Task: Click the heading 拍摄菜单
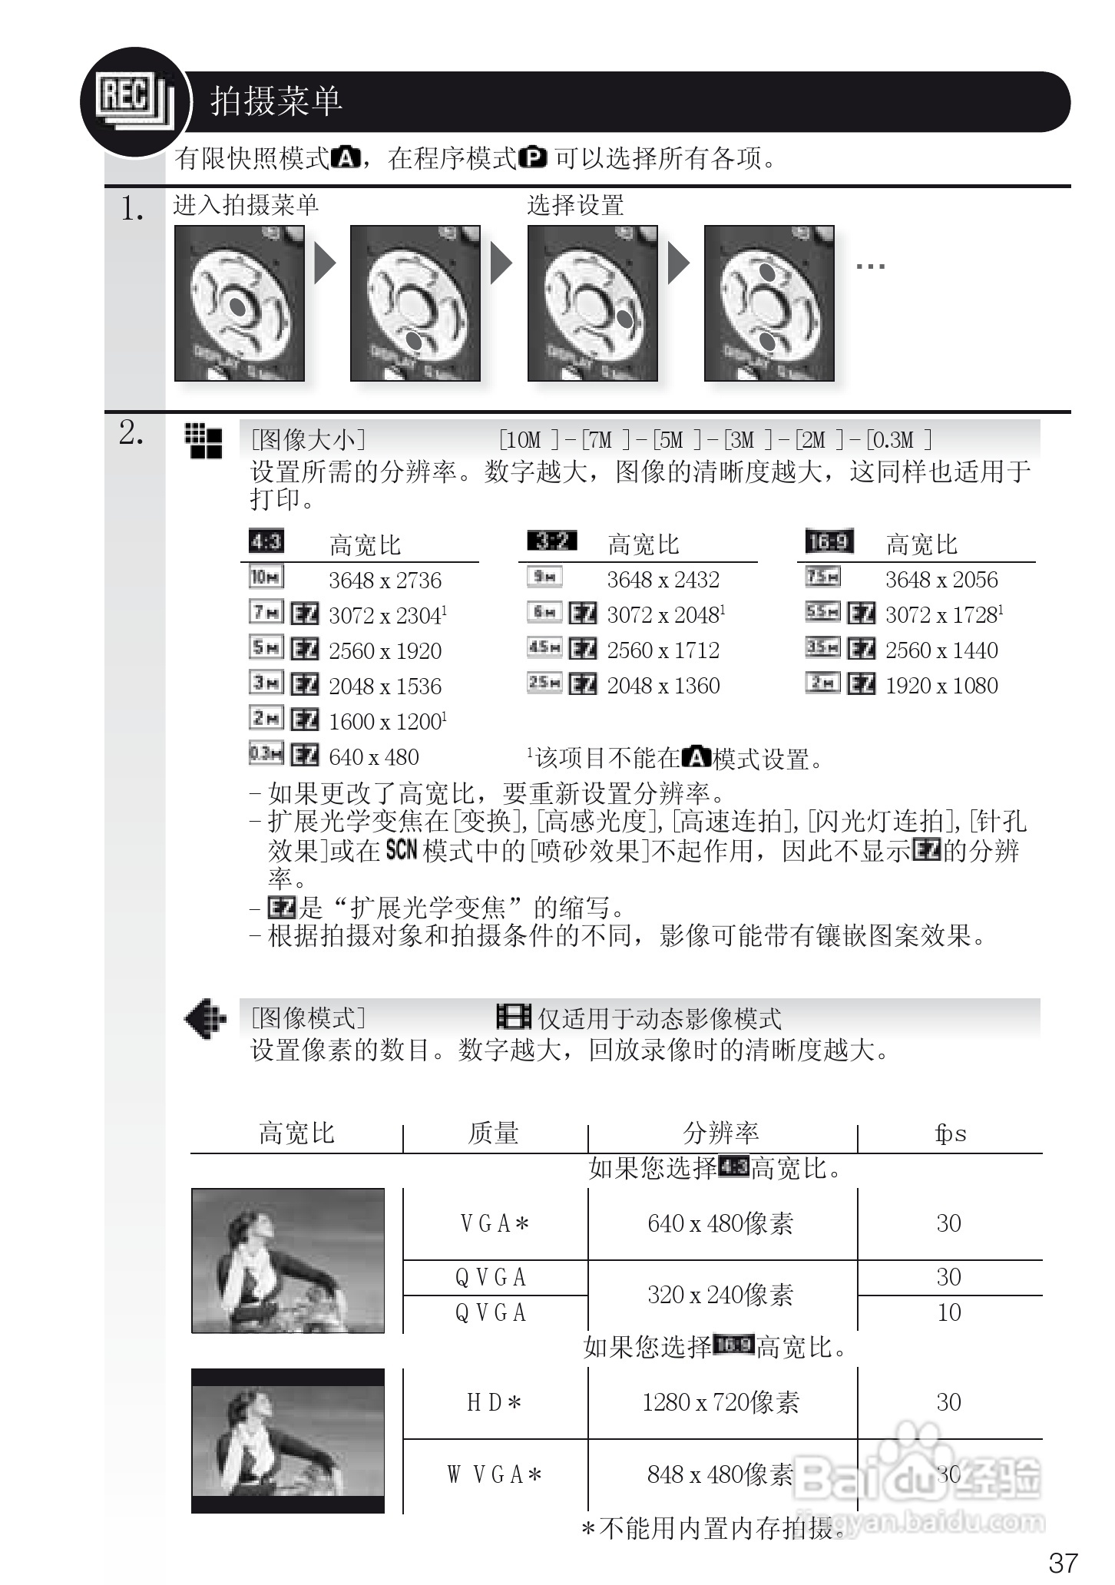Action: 276,101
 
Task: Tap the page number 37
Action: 1063,1562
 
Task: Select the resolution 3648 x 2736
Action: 385,581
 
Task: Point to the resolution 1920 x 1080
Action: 941,686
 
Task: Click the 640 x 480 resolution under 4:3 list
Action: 374,757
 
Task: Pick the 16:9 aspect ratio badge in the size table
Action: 829,542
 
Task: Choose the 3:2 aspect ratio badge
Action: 551,541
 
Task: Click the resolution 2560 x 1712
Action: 663,650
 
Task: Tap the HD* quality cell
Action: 495,1403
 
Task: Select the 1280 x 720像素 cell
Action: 721,1403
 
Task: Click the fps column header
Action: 950,1133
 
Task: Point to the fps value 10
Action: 949,1312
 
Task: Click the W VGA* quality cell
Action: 495,1474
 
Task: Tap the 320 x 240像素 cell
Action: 721,1295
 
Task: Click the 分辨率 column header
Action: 721,1133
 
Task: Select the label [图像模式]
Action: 308,1018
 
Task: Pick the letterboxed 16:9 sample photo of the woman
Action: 288,1441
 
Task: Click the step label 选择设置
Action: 575,205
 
